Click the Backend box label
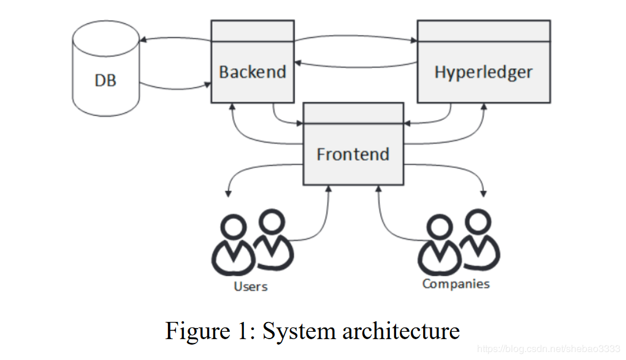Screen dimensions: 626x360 click(x=253, y=72)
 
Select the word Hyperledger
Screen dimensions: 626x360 click(x=483, y=72)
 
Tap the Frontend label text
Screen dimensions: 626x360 click(x=353, y=154)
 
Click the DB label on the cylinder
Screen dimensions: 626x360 click(x=105, y=80)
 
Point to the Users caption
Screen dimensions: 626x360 click(x=251, y=286)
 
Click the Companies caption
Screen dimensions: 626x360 click(x=456, y=284)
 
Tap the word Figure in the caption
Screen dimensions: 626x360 click(x=198, y=331)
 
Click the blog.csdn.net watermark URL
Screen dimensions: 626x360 click(x=549, y=349)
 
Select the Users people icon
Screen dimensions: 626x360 click(x=253, y=242)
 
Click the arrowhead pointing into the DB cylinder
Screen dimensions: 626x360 click(x=142, y=39)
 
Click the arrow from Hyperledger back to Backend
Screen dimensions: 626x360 click(x=356, y=66)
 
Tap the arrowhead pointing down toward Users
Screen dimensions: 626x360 click(x=228, y=194)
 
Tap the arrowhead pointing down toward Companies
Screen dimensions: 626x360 click(x=484, y=194)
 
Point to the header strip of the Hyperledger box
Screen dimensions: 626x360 click(x=484, y=31)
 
